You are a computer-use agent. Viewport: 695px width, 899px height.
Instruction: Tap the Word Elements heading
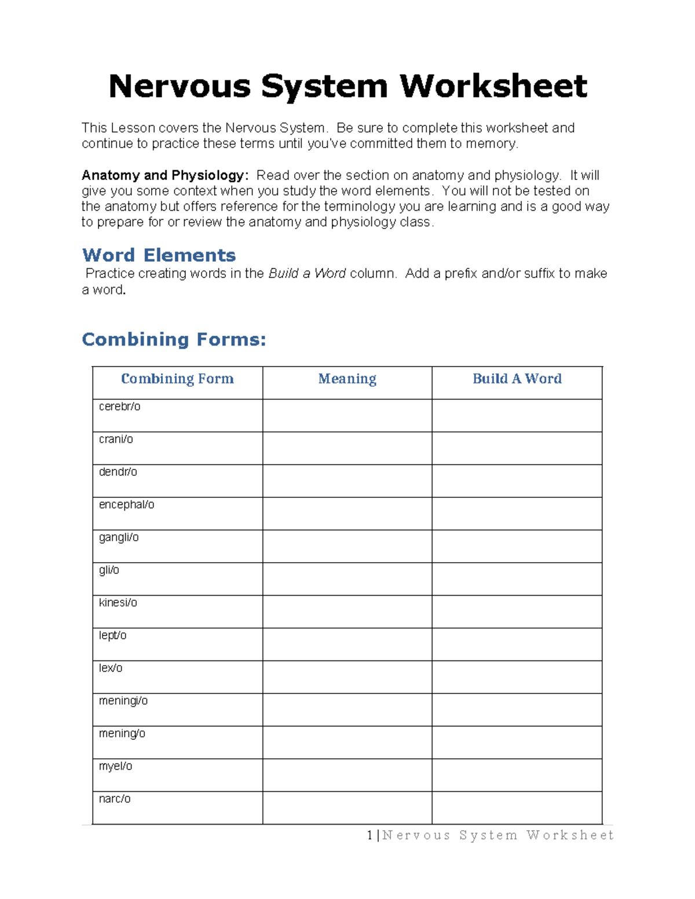point(159,255)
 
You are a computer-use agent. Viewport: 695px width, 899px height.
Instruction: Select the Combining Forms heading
point(174,339)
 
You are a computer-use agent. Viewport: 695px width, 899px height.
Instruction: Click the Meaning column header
point(347,379)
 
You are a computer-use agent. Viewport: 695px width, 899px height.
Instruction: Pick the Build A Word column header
point(517,379)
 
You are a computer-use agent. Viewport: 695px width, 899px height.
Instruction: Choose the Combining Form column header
point(177,379)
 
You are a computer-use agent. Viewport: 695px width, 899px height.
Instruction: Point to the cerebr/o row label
point(119,407)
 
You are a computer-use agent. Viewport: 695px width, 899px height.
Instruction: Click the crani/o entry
point(116,439)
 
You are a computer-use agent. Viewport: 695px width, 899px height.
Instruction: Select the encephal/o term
point(126,505)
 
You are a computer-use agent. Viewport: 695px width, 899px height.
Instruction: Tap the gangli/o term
point(119,538)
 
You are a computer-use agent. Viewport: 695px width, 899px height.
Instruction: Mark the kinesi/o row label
point(118,603)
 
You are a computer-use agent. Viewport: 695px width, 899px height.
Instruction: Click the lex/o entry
point(111,668)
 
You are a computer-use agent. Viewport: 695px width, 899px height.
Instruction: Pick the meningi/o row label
point(123,701)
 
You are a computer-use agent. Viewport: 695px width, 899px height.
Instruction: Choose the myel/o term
point(115,766)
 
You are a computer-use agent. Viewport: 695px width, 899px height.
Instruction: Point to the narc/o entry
point(115,799)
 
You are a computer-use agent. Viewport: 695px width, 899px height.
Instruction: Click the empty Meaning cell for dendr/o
point(347,480)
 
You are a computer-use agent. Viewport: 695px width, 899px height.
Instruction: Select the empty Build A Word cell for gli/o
point(517,579)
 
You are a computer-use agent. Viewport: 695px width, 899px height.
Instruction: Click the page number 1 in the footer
point(370,835)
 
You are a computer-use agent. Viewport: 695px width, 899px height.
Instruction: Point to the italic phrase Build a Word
point(307,274)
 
